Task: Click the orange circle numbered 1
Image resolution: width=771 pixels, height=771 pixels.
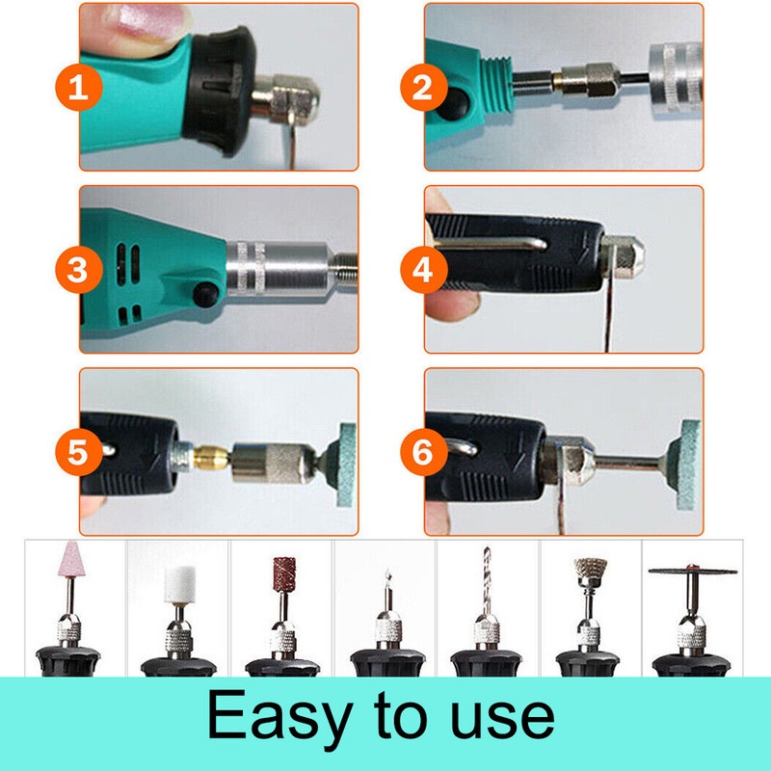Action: [79, 87]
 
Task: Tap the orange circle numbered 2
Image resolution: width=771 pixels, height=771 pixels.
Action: [424, 87]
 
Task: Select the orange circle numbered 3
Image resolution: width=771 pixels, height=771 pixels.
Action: [79, 270]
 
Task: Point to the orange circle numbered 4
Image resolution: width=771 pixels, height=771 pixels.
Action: [424, 270]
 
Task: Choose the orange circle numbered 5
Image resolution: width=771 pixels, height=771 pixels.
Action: [79, 452]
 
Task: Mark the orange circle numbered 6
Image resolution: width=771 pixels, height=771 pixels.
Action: [424, 452]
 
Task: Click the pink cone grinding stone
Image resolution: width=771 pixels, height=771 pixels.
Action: [71, 559]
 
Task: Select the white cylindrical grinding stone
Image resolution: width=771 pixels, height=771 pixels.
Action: [180, 585]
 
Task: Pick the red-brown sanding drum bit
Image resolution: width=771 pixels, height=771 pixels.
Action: [284, 574]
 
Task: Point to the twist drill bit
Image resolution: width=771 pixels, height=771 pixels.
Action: [487, 580]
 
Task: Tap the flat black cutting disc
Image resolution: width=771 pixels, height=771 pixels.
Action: [692, 572]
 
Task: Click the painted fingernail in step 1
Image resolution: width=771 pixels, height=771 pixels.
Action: [146, 21]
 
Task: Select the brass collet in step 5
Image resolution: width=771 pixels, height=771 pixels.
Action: [211, 457]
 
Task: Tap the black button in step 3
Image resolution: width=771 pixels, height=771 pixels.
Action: [206, 294]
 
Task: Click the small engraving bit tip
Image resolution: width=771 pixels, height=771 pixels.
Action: [388, 575]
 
